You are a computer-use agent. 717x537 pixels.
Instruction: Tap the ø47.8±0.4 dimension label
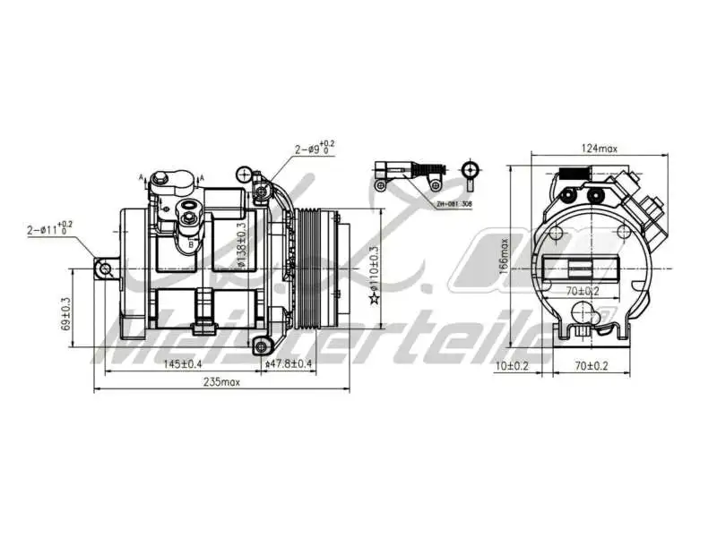click(289, 363)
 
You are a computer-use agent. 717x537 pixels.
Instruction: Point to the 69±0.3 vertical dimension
click(65, 315)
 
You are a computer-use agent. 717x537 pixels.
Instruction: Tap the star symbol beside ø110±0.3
click(375, 297)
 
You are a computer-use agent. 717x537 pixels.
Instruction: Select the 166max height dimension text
click(505, 253)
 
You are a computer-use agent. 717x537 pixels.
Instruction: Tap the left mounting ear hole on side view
click(105, 268)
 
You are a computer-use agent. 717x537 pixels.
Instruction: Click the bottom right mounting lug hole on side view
click(262, 346)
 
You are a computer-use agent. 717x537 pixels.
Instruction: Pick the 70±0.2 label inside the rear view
click(582, 290)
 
